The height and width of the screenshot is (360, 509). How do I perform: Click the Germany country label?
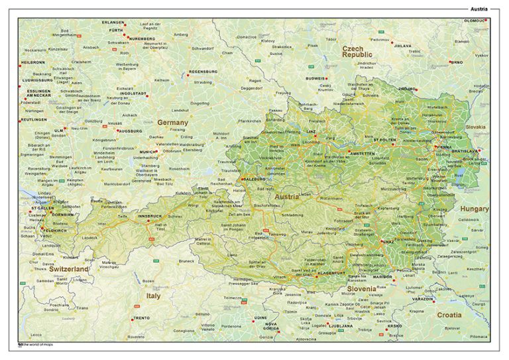[x=172, y=123]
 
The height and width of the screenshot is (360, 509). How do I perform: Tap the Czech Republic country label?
[x=357, y=53]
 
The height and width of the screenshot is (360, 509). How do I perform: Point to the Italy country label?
[x=153, y=296]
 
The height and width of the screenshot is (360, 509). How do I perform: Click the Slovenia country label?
[x=362, y=289]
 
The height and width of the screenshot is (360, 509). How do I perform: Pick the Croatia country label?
[x=449, y=315]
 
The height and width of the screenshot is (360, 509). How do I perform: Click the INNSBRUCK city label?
[x=150, y=216]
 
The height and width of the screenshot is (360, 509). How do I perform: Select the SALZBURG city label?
[x=254, y=179]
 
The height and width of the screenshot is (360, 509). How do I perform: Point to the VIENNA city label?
[x=443, y=146]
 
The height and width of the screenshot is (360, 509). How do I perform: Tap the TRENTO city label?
[x=141, y=318]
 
